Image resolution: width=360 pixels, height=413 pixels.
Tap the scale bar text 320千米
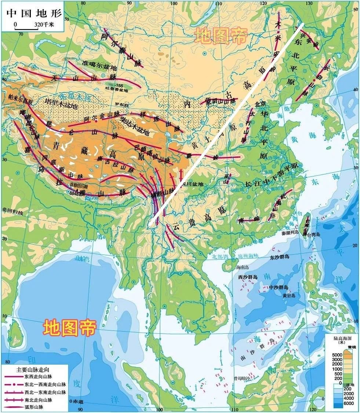[44, 25]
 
